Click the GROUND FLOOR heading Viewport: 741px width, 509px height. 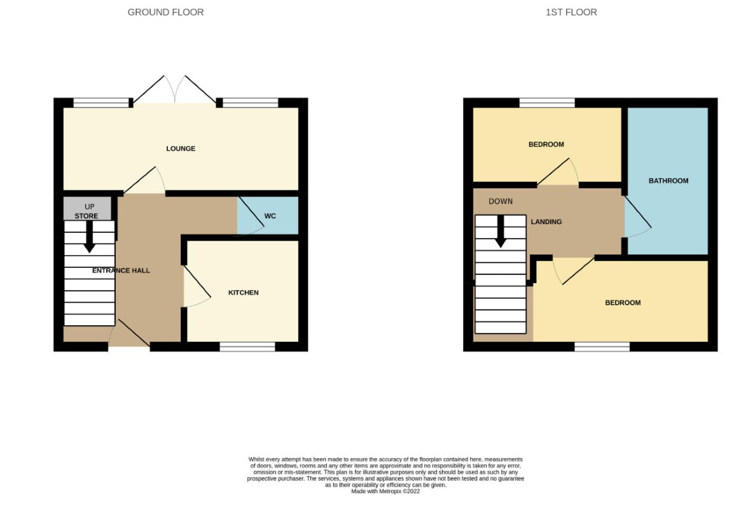tap(165, 12)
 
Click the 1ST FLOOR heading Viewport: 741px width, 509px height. tap(571, 12)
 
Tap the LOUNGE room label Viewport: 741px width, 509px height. tap(181, 149)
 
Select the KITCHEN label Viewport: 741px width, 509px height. tap(244, 293)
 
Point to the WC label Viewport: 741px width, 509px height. tap(270, 216)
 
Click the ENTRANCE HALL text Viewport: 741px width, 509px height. tap(121, 270)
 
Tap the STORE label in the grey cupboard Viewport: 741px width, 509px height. tap(86, 216)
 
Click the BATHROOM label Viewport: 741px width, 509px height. tap(668, 181)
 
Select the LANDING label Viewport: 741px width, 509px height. tap(546, 222)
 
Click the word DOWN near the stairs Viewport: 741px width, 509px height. tap(501, 202)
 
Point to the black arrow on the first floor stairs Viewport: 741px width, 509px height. tap(501, 232)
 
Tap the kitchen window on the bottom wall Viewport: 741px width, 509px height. tap(247, 347)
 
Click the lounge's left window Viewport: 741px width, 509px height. tap(100, 102)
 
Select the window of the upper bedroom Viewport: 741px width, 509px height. tap(547, 102)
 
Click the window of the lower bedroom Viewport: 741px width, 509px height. tap(602, 347)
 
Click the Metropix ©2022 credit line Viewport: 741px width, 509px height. tap(385, 491)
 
